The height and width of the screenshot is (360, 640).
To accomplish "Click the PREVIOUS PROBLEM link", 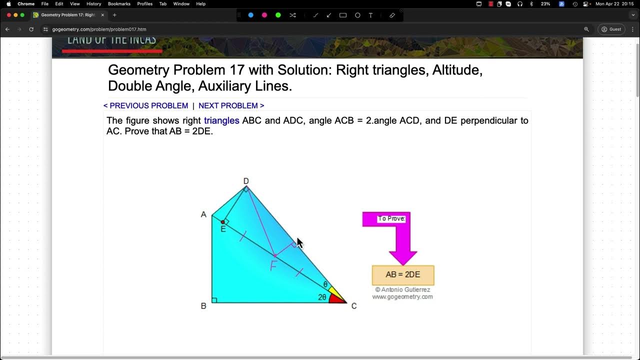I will click(145, 105).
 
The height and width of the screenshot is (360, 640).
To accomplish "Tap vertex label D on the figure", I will click(246, 181).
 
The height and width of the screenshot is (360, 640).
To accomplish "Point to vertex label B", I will click(203, 305).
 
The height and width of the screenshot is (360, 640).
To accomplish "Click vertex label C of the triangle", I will click(354, 305).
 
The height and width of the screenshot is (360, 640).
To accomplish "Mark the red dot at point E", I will click(223, 222).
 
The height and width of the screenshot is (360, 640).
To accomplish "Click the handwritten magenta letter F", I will click(273, 265).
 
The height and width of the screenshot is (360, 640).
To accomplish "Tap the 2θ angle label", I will click(322, 297).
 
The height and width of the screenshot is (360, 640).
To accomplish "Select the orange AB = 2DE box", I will click(403, 275).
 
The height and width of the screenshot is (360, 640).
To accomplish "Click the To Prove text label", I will click(391, 218).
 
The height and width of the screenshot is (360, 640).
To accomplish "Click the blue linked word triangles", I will click(221, 120).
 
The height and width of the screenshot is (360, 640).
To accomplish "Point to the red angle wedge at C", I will click(337, 298).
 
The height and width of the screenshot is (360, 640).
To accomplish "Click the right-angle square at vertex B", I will click(214, 300).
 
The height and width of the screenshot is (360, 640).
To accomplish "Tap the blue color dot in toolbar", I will click(251, 15).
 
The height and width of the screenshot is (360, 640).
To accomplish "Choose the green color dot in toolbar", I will click(278, 15).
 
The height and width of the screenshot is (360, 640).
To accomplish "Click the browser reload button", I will click(31, 29).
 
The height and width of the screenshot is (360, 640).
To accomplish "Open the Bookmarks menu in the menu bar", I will click(119, 4).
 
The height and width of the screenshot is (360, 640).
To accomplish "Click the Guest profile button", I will click(611, 29).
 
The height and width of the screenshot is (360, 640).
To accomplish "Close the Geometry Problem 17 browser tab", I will click(102, 15).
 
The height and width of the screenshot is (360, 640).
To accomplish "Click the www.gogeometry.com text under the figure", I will click(402, 296).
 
